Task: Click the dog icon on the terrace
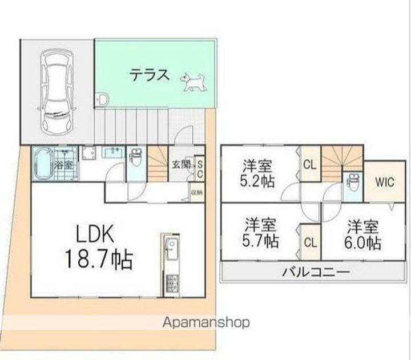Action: (x=192, y=82)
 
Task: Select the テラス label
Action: (x=148, y=75)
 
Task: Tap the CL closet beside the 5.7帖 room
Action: (x=309, y=242)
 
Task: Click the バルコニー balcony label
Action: (x=315, y=272)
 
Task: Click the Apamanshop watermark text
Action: (x=205, y=323)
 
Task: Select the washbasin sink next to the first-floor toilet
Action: (x=112, y=152)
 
